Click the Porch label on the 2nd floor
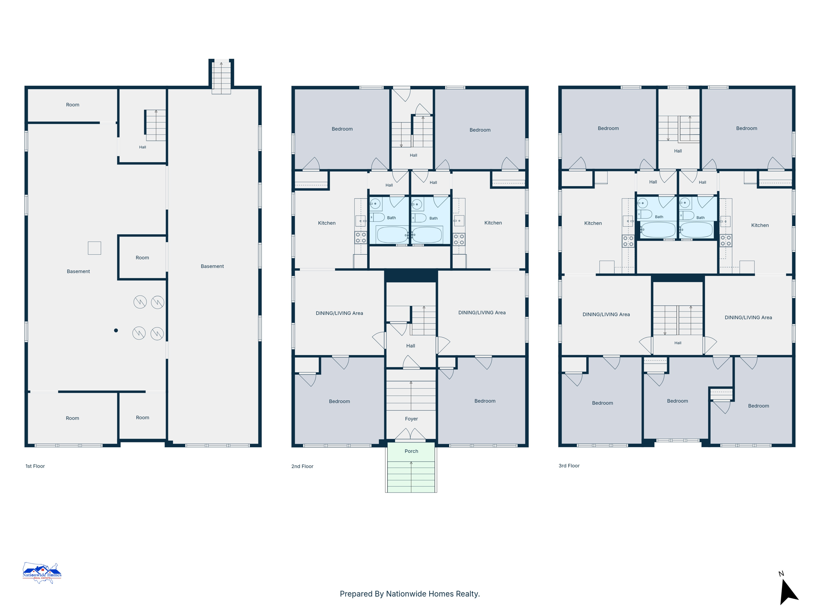pyautogui.click(x=411, y=451)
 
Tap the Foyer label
pyautogui.click(x=411, y=419)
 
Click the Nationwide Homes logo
pyautogui.click(x=42, y=573)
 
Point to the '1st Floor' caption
pyautogui.click(x=35, y=466)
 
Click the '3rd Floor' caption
pyautogui.click(x=569, y=466)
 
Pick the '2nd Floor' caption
pyautogui.click(x=302, y=466)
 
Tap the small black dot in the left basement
pyautogui.click(x=116, y=330)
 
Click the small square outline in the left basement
pyautogui.click(x=94, y=248)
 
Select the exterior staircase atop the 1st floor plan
pyautogui.click(x=221, y=76)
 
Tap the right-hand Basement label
pyautogui.click(x=212, y=266)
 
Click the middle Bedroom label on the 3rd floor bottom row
pyautogui.click(x=677, y=401)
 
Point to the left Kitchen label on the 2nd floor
pyautogui.click(x=327, y=223)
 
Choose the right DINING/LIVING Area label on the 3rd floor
pyautogui.click(x=748, y=318)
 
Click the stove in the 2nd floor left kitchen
pyautogui.click(x=361, y=238)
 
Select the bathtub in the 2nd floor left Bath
pyautogui.click(x=392, y=235)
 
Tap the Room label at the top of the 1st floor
pyautogui.click(x=72, y=105)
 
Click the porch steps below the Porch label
pyautogui.click(x=411, y=476)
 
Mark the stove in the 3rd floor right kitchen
pyautogui.click(x=726, y=241)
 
